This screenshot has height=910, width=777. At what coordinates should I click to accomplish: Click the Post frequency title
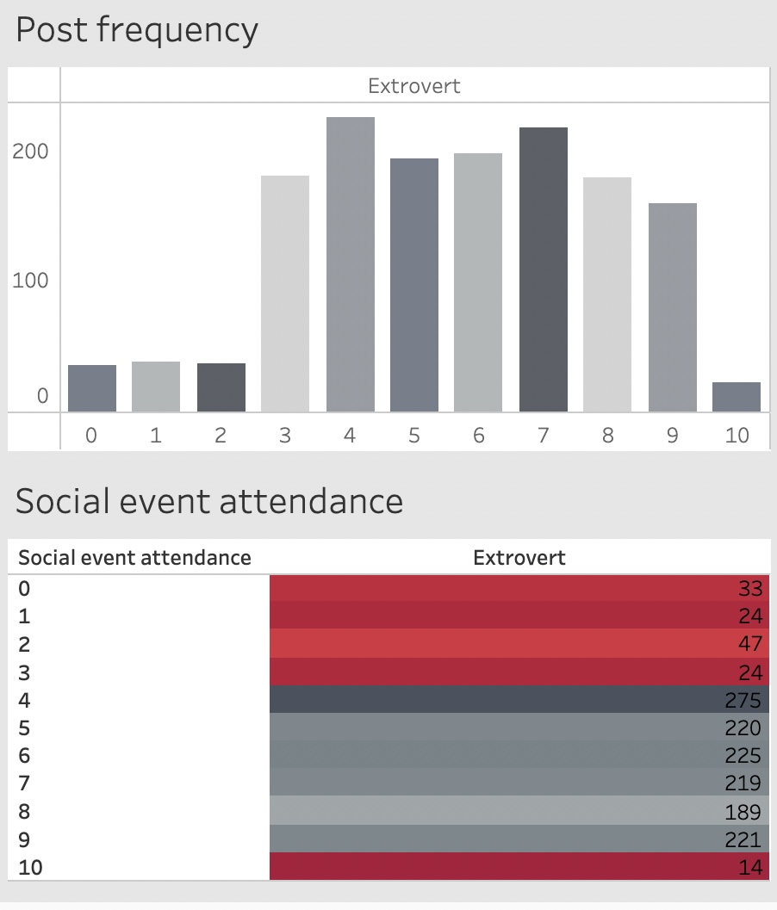[x=136, y=31]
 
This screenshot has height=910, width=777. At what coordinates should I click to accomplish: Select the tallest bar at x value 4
[x=350, y=264]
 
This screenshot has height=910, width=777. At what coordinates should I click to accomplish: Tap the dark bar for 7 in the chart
[x=544, y=269]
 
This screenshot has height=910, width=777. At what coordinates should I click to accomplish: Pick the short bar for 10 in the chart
[x=737, y=397]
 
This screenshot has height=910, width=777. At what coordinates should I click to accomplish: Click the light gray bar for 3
[x=285, y=294]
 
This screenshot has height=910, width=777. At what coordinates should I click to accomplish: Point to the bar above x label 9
[x=673, y=307]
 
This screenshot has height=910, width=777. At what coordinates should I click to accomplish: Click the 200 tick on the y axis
[x=30, y=152]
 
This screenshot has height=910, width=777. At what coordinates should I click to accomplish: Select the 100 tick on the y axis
[x=30, y=281]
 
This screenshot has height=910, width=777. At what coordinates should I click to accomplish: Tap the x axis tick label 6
[x=479, y=436]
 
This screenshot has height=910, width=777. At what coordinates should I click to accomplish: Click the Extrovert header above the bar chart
[x=414, y=86]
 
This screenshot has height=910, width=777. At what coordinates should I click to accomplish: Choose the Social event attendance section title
[x=209, y=501]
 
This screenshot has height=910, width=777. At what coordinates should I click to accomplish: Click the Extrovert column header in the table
[x=519, y=558]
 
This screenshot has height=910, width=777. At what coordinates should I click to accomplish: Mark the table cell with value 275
[x=519, y=699]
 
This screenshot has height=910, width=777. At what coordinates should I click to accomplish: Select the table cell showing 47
[x=519, y=644]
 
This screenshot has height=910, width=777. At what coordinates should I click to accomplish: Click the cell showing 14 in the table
[x=519, y=867]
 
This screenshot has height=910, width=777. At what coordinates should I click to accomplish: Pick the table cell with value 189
[x=519, y=811]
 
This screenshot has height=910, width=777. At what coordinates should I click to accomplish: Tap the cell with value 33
[x=519, y=589]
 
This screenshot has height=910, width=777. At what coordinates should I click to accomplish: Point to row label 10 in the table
[x=30, y=867]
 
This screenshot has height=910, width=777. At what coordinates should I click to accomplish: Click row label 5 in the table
[x=24, y=727]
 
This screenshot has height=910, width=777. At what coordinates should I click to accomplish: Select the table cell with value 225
[x=519, y=755]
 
